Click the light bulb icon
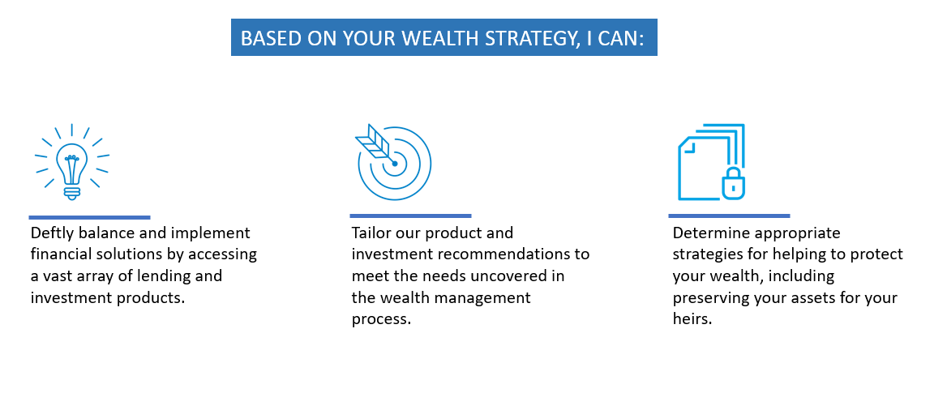click(x=72, y=162)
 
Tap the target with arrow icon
click(x=394, y=162)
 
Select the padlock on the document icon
click(x=733, y=184)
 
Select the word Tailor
click(x=371, y=233)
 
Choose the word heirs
click(x=692, y=319)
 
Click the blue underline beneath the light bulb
click(x=89, y=217)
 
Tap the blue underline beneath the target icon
click(x=411, y=216)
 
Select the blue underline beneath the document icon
click(x=729, y=216)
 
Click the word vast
click(x=58, y=276)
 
